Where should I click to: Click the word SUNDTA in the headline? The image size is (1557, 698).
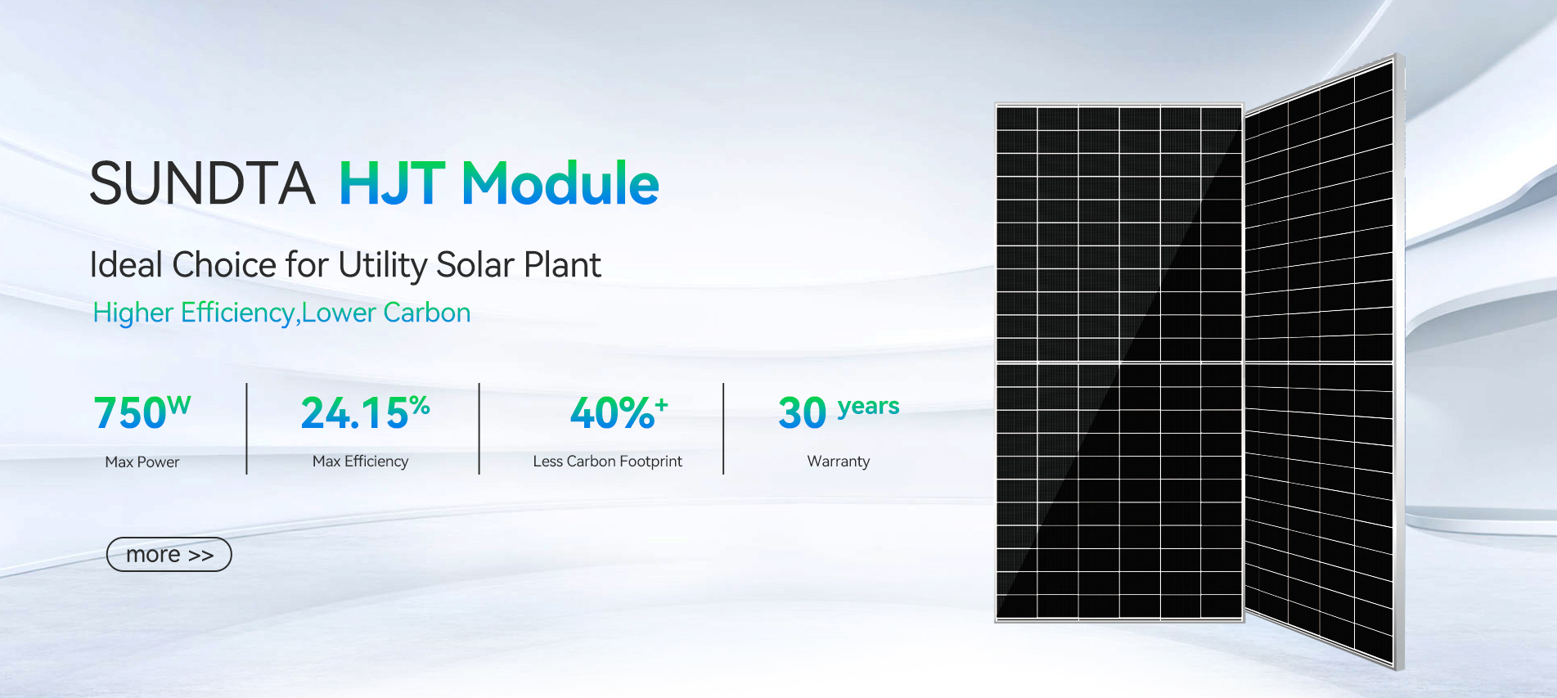pos(202,183)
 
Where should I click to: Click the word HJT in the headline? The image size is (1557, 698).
pos(392,183)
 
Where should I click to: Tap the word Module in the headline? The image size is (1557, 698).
pos(560,182)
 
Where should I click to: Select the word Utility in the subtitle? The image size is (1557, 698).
pos(383,266)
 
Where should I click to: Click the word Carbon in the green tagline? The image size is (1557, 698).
pos(427,313)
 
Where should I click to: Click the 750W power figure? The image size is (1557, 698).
pos(142,412)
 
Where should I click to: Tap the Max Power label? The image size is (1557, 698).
pos(142,462)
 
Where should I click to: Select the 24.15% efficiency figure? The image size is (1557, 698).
pos(365,412)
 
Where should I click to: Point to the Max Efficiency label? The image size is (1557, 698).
pos(361,462)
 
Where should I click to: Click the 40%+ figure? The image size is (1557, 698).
pos(619,412)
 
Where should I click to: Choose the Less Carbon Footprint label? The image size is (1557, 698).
pos(608,462)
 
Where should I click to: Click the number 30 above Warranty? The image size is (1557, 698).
pos(803,412)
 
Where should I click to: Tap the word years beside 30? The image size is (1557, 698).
pos(869,407)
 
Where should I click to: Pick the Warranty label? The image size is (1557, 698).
pos(839,462)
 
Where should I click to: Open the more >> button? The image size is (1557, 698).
pos(169,555)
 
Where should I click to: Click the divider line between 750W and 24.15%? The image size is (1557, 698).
pos(246,429)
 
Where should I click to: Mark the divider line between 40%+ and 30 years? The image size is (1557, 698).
pos(723,429)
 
